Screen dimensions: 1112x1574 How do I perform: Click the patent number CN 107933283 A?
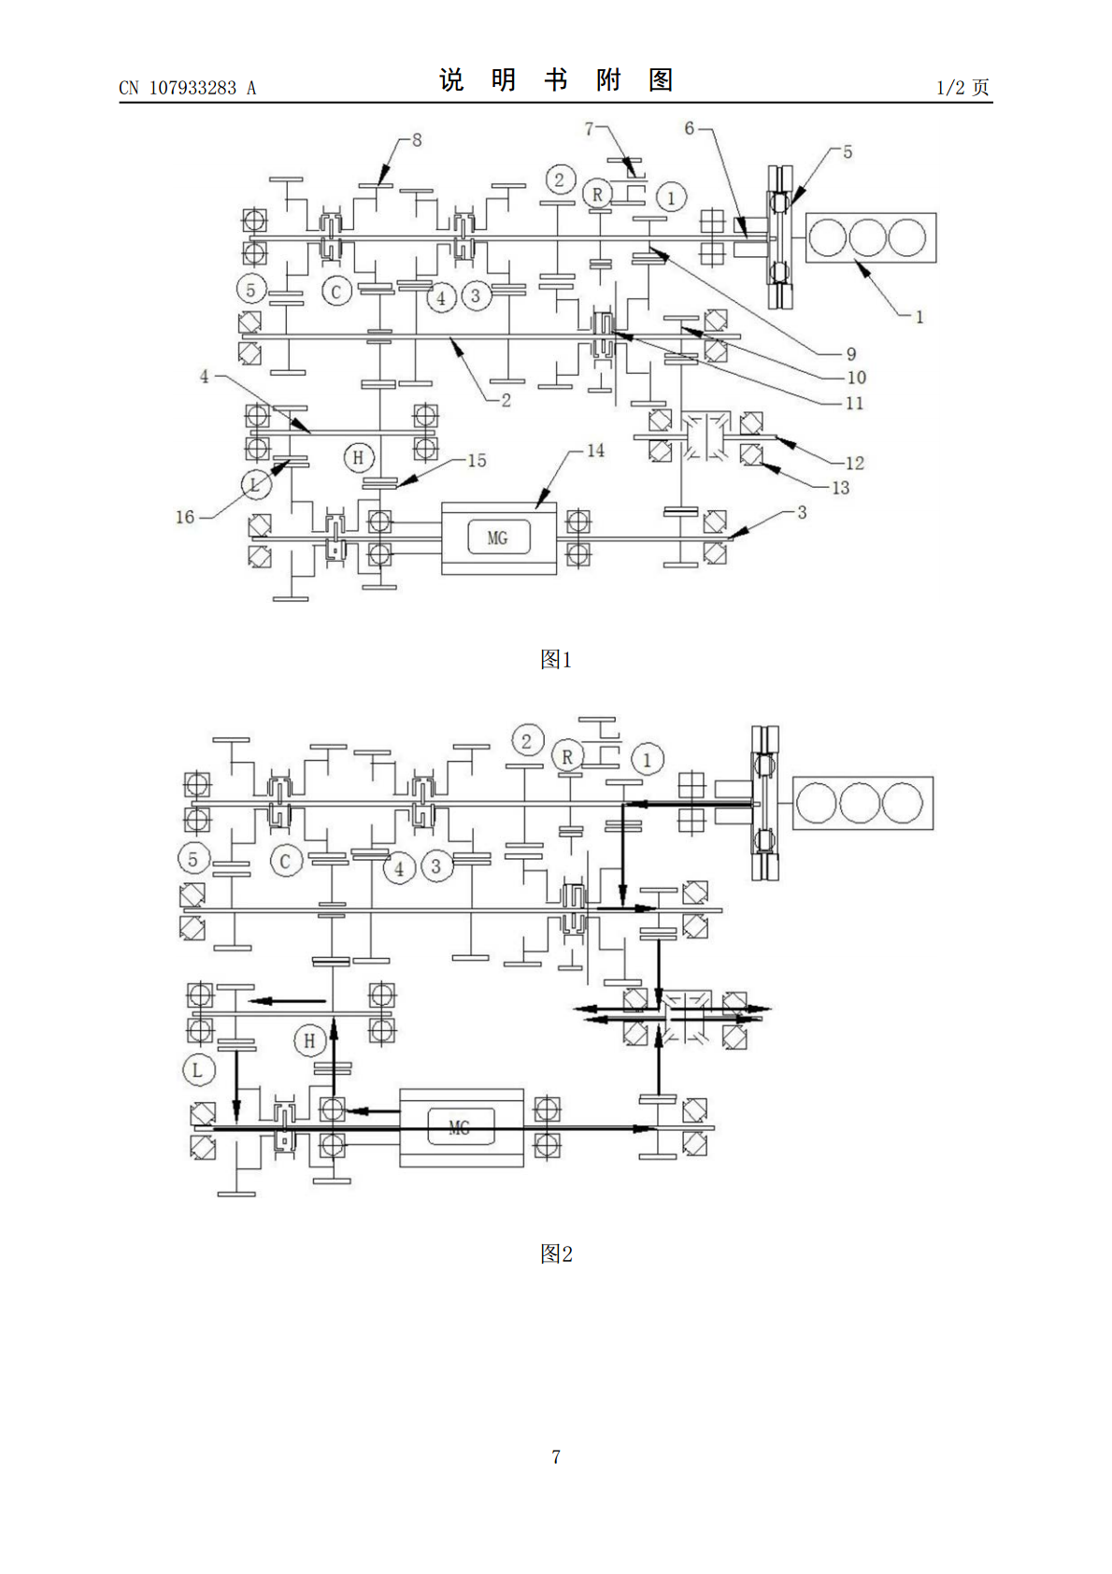click(x=187, y=88)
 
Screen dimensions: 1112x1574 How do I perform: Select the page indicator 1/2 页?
click(x=962, y=87)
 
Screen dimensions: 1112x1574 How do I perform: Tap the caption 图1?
click(x=556, y=659)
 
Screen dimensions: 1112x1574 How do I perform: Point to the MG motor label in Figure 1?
click(x=497, y=538)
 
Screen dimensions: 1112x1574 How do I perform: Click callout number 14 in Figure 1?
click(x=595, y=451)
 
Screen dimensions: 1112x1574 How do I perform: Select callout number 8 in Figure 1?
click(x=417, y=140)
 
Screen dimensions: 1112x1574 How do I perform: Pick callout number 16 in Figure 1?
click(x=185, y=517)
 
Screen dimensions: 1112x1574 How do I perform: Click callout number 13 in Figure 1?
click(x=840, y=488)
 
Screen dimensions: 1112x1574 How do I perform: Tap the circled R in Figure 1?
click(x=597, y=193)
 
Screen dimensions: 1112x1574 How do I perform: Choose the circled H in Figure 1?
click(x=358, y=458)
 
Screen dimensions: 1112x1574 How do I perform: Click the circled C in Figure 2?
click(x=285, y=861)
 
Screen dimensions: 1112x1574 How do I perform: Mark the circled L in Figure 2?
click(x=197, y=1070)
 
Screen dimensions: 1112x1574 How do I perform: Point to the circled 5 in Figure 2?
click(x=193, y=859)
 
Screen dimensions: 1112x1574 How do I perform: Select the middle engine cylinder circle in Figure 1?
click(x=867, y=237)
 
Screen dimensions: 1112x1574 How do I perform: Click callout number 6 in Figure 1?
click(x=689, y=128)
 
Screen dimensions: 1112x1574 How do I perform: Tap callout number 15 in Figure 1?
click(x=477, y=460)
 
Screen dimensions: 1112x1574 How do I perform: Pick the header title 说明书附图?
click(x=556, y=80)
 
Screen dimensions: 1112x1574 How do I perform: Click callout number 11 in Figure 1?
click(x=854, y=404)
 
